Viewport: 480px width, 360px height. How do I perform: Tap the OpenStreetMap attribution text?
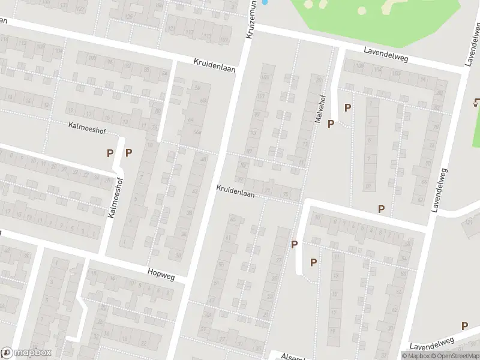tap(455, 356)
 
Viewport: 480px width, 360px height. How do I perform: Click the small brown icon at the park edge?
tap(476, 102)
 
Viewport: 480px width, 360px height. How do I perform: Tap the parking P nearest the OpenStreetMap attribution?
tap(464, 326)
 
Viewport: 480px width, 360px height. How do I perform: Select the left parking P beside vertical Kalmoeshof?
tap(110, 153)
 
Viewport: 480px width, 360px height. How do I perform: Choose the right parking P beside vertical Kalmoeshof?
tap(128, 152)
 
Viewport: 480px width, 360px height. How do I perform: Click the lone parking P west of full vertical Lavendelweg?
tap(380, 209)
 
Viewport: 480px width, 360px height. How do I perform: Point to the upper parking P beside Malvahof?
tap(347, 108)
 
